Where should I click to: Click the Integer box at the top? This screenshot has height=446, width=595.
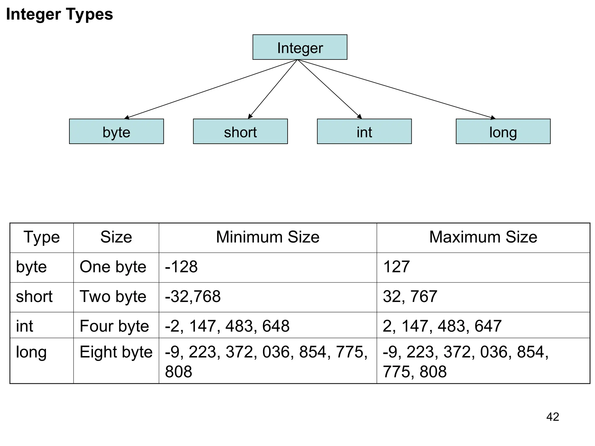click(300, 47)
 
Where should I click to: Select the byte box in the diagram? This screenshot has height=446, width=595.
click(116, 132)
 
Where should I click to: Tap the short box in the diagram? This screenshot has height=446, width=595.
click(240, 132)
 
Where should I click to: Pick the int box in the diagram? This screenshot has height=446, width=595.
click(364, 132)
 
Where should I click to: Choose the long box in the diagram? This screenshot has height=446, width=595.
click(503, 132)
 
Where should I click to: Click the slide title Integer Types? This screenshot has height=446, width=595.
click(60, 14)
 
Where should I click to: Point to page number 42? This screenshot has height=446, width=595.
click(553, 417)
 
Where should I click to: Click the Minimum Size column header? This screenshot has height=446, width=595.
click(268, 237)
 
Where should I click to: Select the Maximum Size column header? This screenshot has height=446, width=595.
click(483, 237)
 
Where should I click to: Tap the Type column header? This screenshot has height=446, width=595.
click(42, 237)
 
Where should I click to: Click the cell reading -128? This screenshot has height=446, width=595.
click(181, 267)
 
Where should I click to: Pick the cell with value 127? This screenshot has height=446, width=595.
click(396, 267)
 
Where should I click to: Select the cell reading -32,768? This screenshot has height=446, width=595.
click(193, 296)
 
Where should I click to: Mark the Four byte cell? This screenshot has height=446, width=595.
click(114, 326)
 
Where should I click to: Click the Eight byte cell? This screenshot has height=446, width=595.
click(116, 352)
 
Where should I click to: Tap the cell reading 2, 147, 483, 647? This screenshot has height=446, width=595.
click(442, 326)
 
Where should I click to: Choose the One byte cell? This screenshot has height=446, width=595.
click(113, 267)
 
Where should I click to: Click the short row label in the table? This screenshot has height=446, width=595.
click(34, 296)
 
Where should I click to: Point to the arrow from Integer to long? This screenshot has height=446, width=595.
click(396, 89)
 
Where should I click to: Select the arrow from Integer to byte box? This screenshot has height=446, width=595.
click(211, 89)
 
